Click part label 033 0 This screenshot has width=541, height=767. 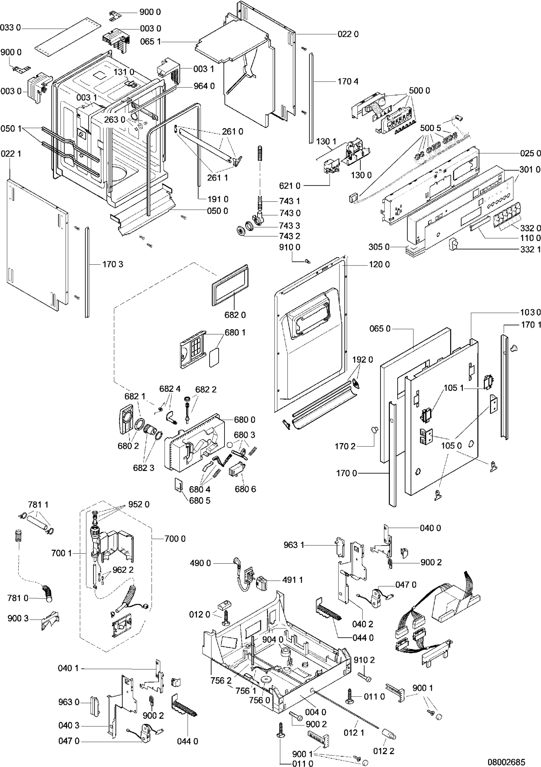(10, 28)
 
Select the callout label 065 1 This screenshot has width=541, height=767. (150, 42)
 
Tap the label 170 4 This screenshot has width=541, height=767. (348, 81)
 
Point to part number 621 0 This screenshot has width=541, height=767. (290, 185)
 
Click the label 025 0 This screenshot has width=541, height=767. (530, 153)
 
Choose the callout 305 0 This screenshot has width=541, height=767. (379, 247)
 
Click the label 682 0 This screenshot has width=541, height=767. (235, 315)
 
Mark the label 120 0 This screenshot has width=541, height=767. (379, 265)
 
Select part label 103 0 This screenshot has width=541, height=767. (530, 312)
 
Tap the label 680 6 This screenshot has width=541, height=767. (245, 489)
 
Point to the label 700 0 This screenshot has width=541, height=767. (175, 539)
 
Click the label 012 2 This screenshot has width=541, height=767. (384, 751)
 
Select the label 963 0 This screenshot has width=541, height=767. (69, 702)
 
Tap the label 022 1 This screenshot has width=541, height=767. (11, 153)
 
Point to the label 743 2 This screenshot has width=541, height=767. (290, 236)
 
